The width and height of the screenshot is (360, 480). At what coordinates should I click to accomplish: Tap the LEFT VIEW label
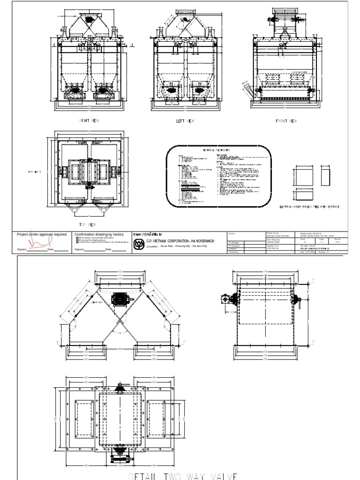click(x=185, y=121)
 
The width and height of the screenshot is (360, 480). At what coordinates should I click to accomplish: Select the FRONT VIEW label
click(x=286, y=120)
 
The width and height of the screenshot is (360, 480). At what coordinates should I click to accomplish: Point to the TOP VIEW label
click(x=88, y=225)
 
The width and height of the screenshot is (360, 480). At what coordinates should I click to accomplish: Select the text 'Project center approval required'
click(x=42, y=234)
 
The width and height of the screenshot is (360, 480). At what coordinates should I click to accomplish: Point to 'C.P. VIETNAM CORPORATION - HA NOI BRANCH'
click(x=180, y=240)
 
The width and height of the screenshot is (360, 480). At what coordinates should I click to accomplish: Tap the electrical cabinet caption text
click(x=309, y=206)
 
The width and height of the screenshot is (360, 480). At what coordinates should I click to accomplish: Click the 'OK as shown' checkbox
click(x=77, y=238)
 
